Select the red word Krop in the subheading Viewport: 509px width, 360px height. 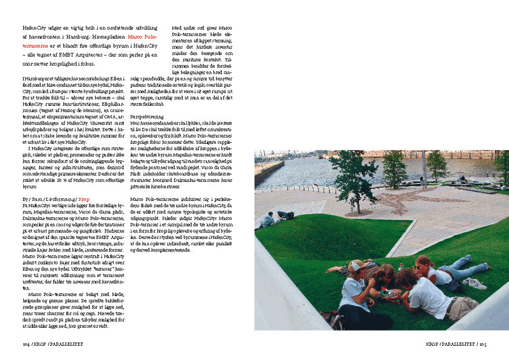[x=84, y=199]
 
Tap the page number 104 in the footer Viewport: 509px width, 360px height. [x=26, y=343]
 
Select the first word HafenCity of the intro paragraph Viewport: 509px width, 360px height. [x=36, y=27]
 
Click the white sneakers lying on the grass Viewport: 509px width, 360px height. [x=475, y=283]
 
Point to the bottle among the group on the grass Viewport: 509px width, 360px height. [x=400, y=267]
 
